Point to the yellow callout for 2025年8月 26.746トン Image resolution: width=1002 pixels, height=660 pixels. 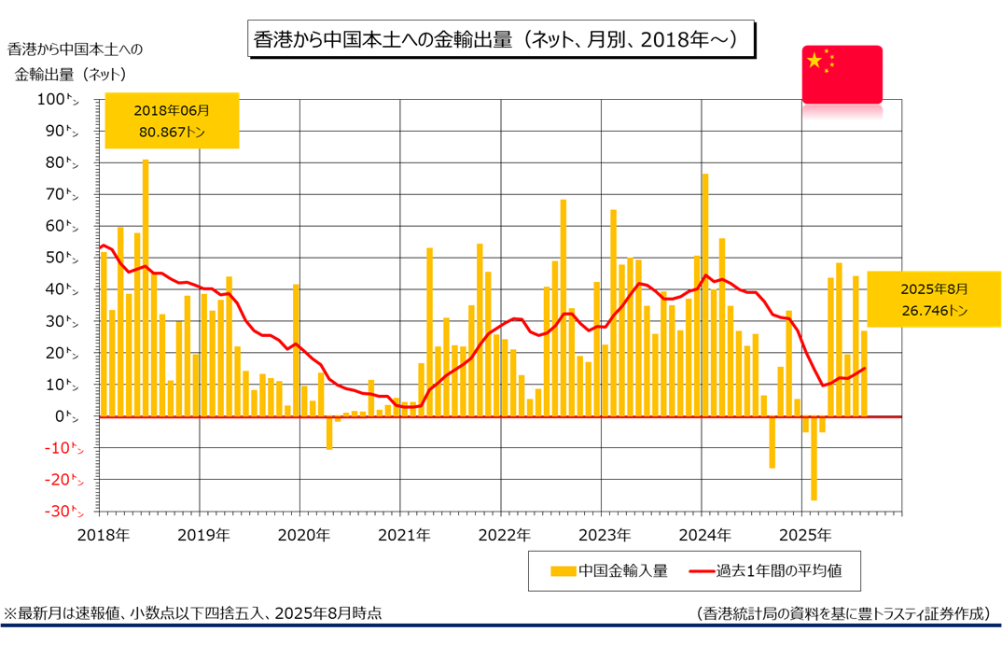pos(933,299)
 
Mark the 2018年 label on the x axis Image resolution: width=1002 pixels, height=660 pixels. pos(102,535)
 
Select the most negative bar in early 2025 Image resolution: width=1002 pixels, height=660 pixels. pos(814,458)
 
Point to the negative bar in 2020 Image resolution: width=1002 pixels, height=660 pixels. pos(329,433)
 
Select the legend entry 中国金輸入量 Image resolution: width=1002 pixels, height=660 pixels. pos(610,570)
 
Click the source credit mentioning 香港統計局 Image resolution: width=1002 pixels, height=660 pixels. pos(842,613)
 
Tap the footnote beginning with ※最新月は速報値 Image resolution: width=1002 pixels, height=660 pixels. pos(193,613)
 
